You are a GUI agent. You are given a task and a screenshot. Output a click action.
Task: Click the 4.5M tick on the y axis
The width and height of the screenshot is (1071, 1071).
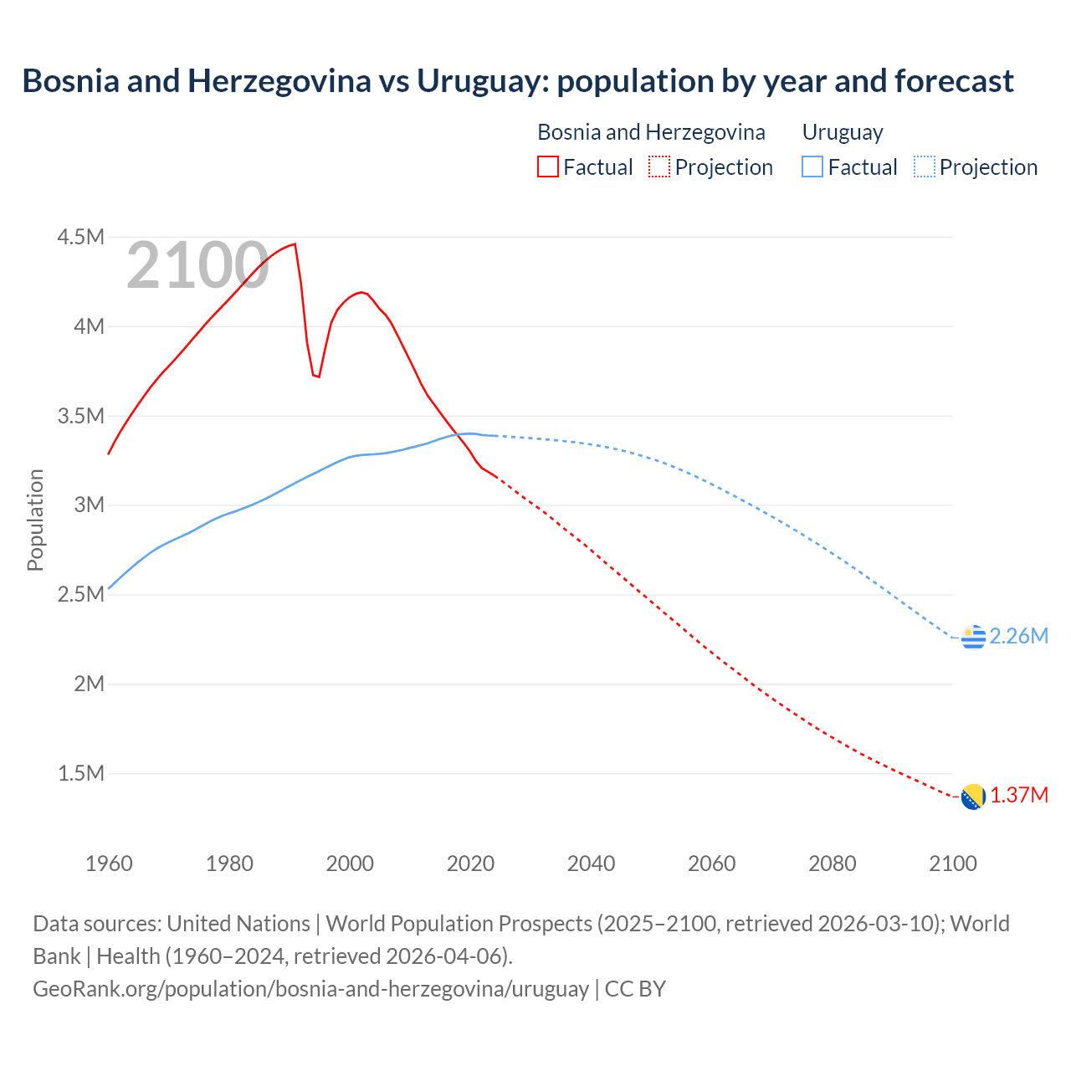(x=80, y=237)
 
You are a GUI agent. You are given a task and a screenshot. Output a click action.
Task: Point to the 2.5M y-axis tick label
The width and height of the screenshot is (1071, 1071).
(x=80, y=594)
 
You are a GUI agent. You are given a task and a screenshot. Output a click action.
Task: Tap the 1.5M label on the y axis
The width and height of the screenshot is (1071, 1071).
(x=80, y=773)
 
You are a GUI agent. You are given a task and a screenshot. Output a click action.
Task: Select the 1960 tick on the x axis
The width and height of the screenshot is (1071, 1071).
(x=109, y=863)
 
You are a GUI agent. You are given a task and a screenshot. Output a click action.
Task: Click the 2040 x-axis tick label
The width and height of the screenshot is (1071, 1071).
(x=591, y=863)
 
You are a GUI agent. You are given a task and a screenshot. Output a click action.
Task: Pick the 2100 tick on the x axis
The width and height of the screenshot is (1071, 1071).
(x=952, y=863)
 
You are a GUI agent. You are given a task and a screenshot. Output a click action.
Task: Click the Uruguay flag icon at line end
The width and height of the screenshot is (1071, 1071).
(x=973, y=637)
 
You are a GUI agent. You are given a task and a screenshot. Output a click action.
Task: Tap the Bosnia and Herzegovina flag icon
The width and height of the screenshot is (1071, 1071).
(x=973, y=797)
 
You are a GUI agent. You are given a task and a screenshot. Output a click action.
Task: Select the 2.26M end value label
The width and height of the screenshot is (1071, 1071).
(x=1018, y=636)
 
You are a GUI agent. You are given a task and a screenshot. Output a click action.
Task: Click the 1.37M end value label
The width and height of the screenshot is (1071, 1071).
(x=1019, y=795)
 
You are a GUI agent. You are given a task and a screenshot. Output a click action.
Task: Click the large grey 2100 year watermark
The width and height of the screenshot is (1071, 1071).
(x=197, y=265)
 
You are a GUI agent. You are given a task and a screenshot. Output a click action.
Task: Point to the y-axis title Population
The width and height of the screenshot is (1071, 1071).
(x=35, y=520)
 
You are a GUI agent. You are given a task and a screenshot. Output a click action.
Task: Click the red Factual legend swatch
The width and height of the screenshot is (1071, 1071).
(x=548, y=167)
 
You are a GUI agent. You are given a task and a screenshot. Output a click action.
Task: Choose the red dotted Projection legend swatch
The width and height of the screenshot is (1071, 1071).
(x=659, y=167)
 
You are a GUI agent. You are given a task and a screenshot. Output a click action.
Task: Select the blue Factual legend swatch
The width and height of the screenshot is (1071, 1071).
(x=812, y=167)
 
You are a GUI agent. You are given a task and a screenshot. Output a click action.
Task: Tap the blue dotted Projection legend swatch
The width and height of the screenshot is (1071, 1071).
(x=924, y=167)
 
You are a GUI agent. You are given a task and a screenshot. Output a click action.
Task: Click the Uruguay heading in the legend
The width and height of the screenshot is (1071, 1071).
(x=842, y=132)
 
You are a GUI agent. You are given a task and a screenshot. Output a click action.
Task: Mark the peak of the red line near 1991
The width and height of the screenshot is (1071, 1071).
(x=295, y=244)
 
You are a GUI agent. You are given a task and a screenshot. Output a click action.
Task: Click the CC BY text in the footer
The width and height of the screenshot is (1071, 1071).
(x=635, y=988)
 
